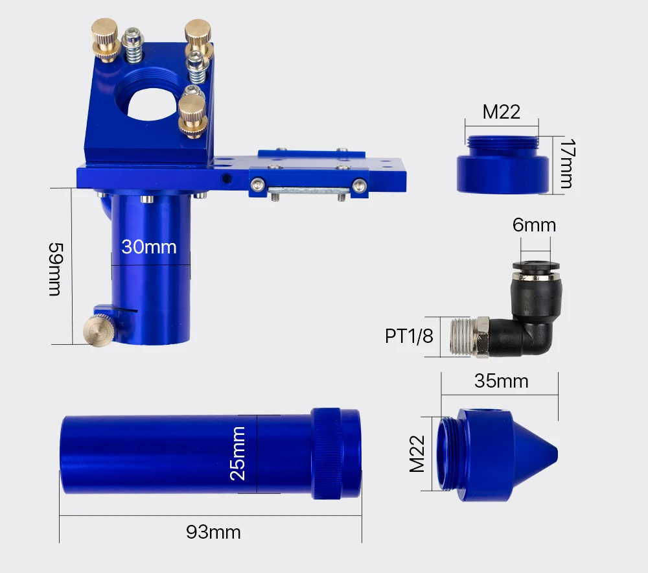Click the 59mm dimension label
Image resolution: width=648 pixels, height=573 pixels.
coord(55,269)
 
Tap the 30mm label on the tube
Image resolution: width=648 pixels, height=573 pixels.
coord(149,247)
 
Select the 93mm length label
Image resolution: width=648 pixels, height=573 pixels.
coord(213,532)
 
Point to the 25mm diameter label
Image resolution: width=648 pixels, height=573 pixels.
coord(238,453)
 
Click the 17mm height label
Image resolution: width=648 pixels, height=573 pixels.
coord(566,164)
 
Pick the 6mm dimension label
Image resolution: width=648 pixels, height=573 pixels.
coord(534,226)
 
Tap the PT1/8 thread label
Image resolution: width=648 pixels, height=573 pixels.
coord(409,336)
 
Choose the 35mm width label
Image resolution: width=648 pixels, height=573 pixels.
coord(502,381)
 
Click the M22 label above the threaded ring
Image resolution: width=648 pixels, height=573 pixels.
coord(501,112)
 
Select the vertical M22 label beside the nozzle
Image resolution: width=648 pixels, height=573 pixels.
coord(417,454)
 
